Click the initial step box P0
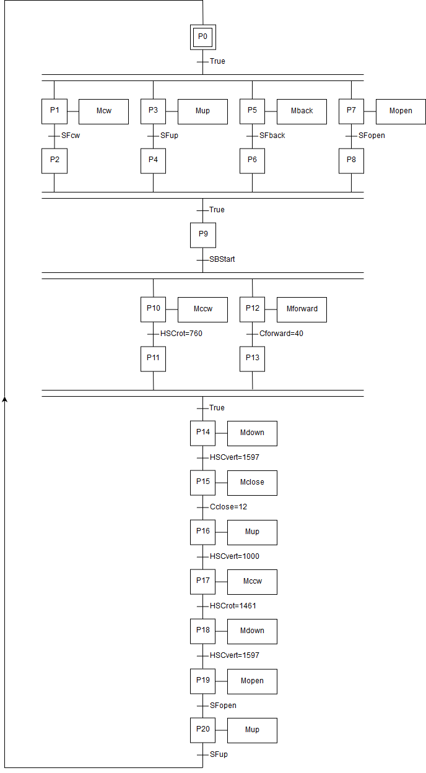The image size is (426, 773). (x=202, y=37)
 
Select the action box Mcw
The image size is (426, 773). (x=103, y=111)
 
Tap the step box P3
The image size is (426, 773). (x=153, y=111)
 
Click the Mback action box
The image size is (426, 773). (x=302, y=111)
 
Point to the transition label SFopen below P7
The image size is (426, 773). (x=372, y=136)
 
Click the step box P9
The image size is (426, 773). (x=202, y=235)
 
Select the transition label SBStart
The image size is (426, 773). (x=222, y=259)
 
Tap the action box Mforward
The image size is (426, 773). (x=302, y=309)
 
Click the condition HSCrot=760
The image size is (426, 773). (x=181, y=334)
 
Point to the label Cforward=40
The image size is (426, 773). (x=281, y=334)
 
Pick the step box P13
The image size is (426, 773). (x=252, y=359)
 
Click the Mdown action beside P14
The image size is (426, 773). (x=252, y=433)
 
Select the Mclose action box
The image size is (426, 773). (x=252, y=483)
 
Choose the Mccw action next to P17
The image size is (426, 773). (x=252, y=582)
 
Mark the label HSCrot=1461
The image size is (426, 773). (x=233, y=606)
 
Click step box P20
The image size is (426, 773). (x=202, y=730)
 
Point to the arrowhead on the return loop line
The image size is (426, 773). (x=5, y=399)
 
